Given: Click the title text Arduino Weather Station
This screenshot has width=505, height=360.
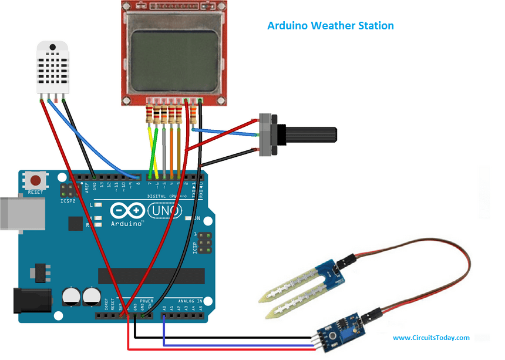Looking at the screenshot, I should pyautogui.click(x=330, y=26).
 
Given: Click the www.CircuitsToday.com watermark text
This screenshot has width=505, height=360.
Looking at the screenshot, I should pyautogui.click(x=431, y=338).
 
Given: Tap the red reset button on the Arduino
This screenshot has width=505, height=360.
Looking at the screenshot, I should pyautogui.click(x=36, y=180).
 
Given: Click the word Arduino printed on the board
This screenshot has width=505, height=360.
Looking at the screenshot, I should pyautogui.click(x=127, y=224).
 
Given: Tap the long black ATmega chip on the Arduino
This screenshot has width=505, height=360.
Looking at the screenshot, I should pyautogui.click(x=151, y=275).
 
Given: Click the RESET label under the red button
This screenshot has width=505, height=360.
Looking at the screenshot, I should pyautogui.click(x=35, y=192).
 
